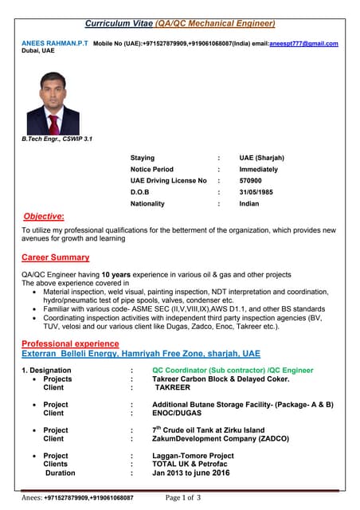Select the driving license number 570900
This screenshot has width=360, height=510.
tap(250, 181)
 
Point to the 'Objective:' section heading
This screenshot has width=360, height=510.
tap(45, 216)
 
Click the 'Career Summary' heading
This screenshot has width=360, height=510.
tap(55, 257)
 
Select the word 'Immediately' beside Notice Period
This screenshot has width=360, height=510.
tap(259, 170)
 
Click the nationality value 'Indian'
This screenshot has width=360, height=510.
tap(249, 204)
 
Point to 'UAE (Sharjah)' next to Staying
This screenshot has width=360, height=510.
tap(261, 158)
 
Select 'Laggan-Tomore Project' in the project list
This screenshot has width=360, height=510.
tap(193, 456)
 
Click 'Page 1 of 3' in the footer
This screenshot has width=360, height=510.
tap(182, 498)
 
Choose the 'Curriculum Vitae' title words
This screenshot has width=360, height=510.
tap(119, 23)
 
